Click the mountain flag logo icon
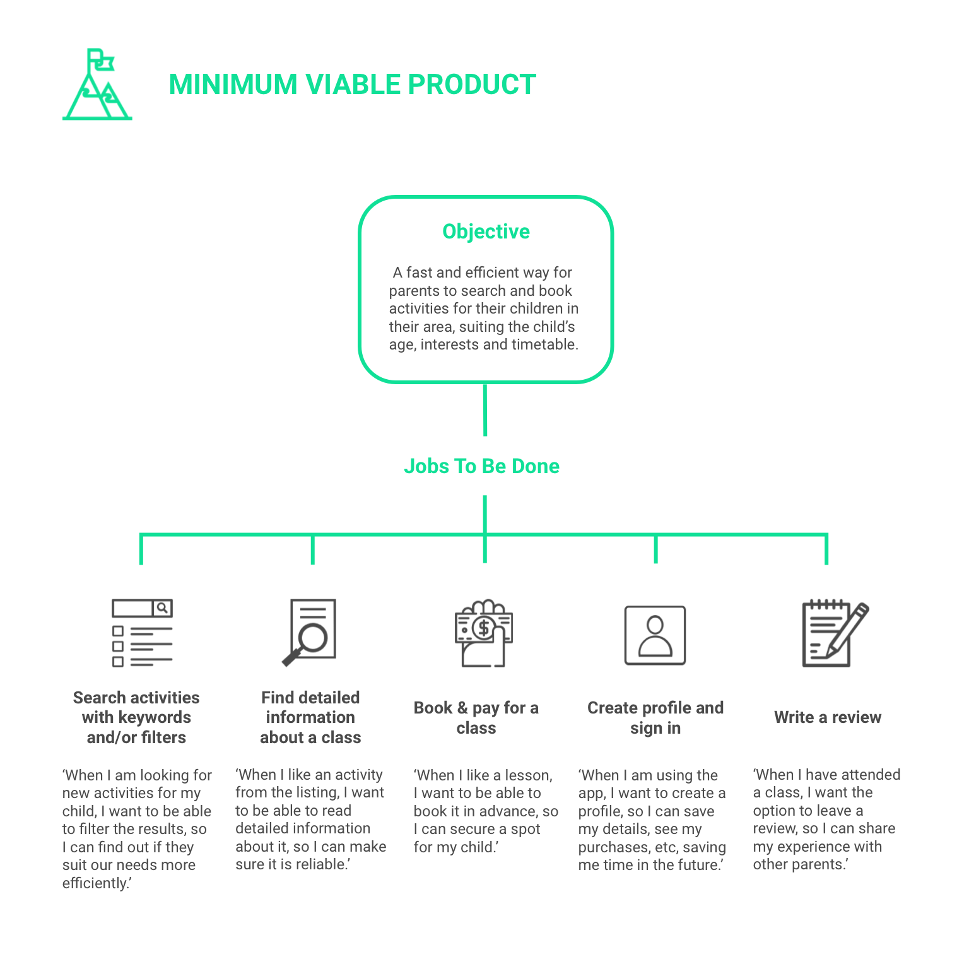pyautogui.click(x=98, y=85)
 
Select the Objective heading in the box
pyautogui.click(x=486, y=232)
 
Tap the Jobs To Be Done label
pyautogui.click(x=481, y=466)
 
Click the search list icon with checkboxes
pyautogui.click(x=142, y=633)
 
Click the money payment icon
pyautogui.click(x=484, y=633)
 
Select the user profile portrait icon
pyautogui.click(x=655, y=635)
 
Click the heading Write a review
pyautogui.click(x=828, y=717)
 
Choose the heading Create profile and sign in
pyautogui.click(x=655, y=718)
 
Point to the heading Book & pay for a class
pyautogui.click(x=476, y=718)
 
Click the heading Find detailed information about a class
pyautogui.click(x=310, y=717)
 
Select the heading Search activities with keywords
pyautogui.click(x=136, y=717)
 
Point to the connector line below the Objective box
pyautogui.click(x=484, y=409)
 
